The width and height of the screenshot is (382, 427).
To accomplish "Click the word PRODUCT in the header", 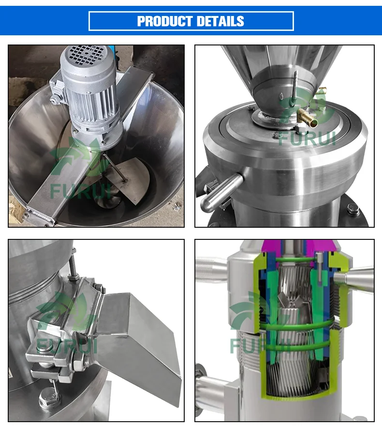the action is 165,21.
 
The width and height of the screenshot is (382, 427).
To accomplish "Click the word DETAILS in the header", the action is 220,21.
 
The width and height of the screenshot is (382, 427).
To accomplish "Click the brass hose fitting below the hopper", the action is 308,116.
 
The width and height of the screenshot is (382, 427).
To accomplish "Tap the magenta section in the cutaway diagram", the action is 297,247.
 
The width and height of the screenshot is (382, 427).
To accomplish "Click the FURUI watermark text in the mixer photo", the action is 81,191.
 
